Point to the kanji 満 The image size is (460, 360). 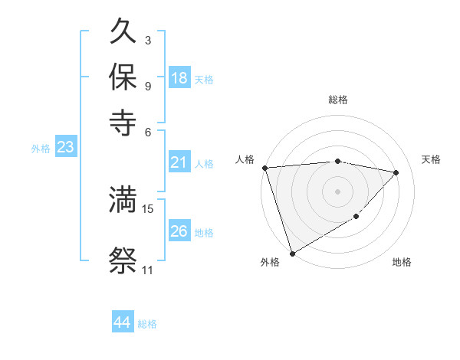[123, 200]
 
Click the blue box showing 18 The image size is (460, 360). [179, 78]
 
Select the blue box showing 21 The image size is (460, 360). [179, 162]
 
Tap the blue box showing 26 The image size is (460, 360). [179, 231]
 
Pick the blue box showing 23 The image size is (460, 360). [65, 148]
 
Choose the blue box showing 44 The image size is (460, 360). [122, 322]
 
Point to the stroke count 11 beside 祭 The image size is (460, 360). [147, 270]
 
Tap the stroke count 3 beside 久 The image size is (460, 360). [147, 40]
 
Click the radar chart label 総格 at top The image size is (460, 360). [337, 100]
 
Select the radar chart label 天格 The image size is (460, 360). [431, 159]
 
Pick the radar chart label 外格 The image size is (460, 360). [270, 263]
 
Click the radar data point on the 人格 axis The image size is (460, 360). [264, 168]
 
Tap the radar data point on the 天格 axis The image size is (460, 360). [396, 172]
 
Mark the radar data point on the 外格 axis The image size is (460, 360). [292, 253]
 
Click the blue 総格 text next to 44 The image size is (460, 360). [147, 324]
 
